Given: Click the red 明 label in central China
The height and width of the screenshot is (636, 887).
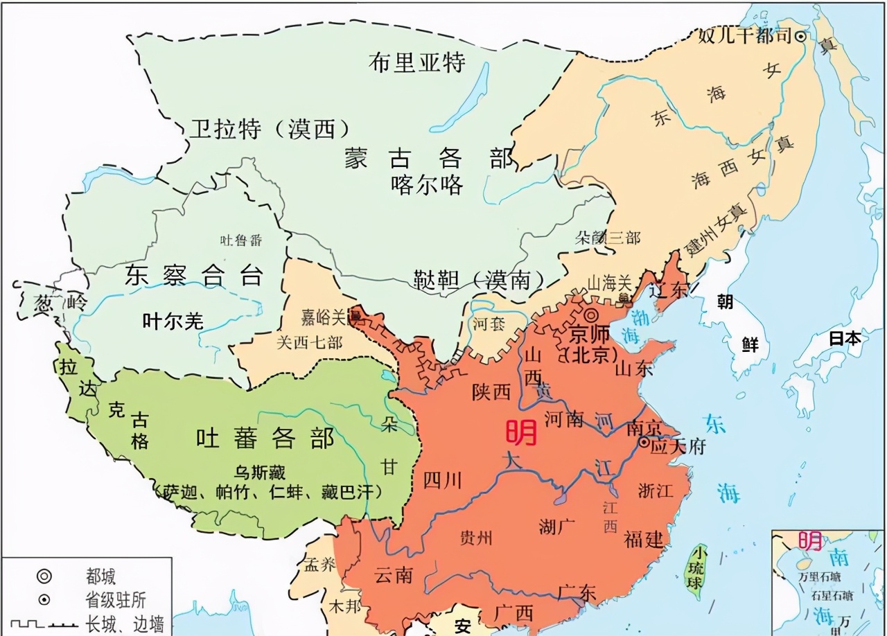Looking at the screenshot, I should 521,433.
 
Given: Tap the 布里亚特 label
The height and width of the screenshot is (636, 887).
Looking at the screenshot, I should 416,62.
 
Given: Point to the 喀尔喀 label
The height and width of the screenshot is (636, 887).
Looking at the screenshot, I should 427,185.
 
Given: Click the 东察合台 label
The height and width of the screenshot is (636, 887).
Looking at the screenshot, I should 195,276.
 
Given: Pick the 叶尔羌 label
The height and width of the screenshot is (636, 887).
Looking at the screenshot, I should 173,321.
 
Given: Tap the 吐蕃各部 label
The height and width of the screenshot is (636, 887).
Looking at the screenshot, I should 265,438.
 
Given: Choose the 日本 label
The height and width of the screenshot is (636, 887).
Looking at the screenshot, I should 845,339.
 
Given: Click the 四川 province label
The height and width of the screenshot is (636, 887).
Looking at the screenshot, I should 442,479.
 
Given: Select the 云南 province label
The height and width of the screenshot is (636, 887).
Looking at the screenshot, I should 394,574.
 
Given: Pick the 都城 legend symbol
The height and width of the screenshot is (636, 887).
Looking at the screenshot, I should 44,576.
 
